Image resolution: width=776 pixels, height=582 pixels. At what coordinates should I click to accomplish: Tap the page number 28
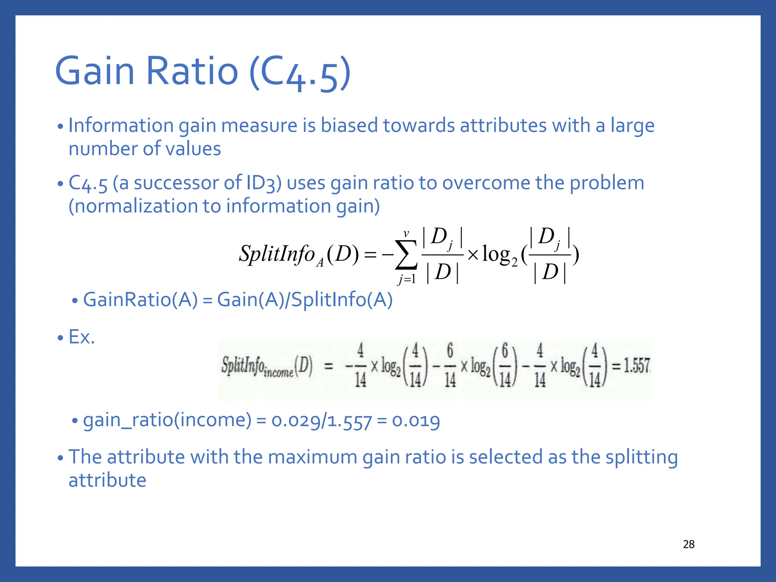tap(688, 544)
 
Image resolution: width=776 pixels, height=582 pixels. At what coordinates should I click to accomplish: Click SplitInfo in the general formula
tap(277, 254)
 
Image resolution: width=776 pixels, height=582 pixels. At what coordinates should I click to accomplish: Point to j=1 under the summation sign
tap(407, 280)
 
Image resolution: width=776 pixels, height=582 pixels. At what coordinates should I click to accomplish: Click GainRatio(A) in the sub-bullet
tap(140, 300)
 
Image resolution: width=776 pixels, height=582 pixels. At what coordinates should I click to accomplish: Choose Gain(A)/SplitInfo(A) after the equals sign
tap(305, 300)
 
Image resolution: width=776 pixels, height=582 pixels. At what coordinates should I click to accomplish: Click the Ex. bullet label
tap(81, 337)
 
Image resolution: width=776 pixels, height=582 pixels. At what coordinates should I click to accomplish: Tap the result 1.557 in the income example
tap(637, 365)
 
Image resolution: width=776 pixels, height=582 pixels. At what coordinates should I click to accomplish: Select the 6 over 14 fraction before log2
tap(450, 365)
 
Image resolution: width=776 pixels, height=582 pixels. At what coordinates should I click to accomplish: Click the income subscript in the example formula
tap(278, 372)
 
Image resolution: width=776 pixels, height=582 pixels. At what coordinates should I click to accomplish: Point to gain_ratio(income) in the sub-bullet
tap(167, 420)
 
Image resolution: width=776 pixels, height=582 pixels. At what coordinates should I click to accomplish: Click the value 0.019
tap(416, 420)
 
